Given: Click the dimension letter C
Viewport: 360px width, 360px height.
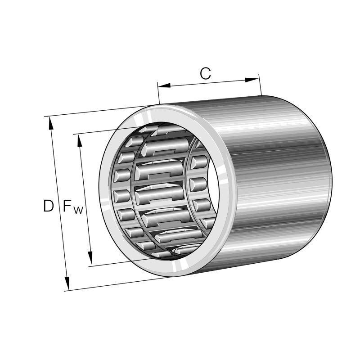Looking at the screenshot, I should pyautogui.click(x=205, y=74).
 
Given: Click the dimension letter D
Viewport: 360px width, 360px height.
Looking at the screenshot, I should pyautogui.click(x=48, y=206).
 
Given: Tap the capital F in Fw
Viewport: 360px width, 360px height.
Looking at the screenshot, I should pyautogui.click(x=67, y=206).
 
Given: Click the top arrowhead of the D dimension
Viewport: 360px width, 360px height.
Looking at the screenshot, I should pyautogui.click(x=51, y=124).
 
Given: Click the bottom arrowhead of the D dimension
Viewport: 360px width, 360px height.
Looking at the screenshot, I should pyautogui.click(x=67, y=283).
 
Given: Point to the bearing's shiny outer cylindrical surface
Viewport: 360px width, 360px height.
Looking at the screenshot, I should pyautogui.click(x=279, y=180).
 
